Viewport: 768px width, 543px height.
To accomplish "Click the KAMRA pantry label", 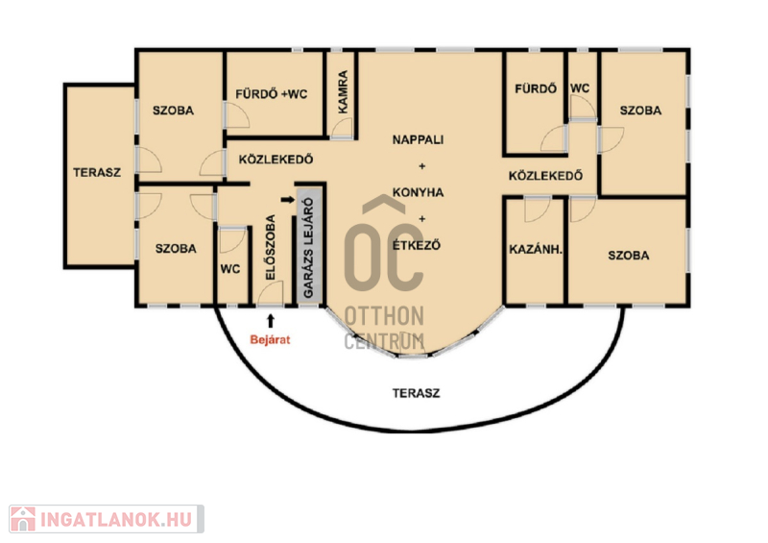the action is coord(343,91).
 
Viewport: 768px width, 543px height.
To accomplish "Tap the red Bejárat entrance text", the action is coord(270,339).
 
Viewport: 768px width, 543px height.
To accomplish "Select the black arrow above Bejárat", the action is coord(271,321).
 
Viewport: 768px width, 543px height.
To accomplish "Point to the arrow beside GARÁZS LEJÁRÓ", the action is coord(287,200).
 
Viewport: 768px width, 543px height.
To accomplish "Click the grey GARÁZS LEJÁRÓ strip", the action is coord(309,245).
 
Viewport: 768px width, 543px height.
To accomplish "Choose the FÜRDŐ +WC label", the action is coord(272,93).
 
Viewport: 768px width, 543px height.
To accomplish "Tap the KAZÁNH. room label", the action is coord(536,249).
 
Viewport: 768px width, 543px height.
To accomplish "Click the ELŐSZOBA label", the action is coord(271,248).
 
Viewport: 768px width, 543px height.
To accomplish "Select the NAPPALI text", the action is coord(418,139).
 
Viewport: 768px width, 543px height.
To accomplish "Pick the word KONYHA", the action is coord(418,192).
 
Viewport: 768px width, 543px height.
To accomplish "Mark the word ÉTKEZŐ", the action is coord(417,244).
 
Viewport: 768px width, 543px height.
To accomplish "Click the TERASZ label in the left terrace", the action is coord(97,172).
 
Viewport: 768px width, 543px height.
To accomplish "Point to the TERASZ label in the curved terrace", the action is coord(416,393).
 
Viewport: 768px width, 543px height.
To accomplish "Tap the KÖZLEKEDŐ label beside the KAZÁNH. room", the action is coord(545,175).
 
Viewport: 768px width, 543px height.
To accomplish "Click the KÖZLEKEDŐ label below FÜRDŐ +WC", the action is coord(276,159).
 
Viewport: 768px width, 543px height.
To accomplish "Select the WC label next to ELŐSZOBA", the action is coord(230,269).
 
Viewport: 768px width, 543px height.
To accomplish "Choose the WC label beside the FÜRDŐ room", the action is coord(580,88).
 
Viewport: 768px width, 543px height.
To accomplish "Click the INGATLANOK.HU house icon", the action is coord(22,519).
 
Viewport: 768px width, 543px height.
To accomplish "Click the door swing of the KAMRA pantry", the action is coord(342,129).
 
